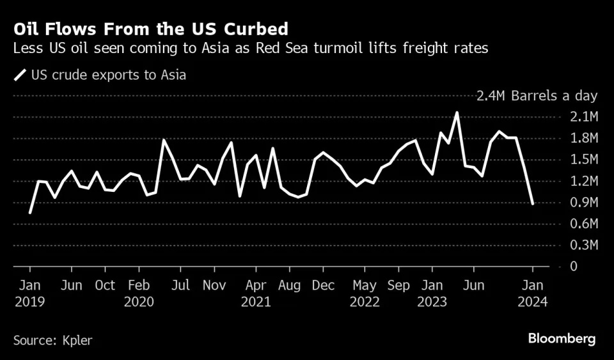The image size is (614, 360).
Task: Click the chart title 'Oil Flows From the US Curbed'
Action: pyautogui.click(x=150, y=29)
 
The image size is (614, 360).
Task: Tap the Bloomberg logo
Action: pyautogui.click(x=562, y=338)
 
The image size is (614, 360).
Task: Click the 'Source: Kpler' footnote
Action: pyautogui.click(x=52, y=340)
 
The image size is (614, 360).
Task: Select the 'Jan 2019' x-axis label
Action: pyautogui.click(x=30, y=293)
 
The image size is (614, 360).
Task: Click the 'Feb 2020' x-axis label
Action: pyautogui.click(x=139, y=293)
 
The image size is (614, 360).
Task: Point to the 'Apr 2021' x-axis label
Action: pyautogui.click(x=256, y=293)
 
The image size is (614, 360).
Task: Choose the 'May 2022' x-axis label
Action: pyautogui.click(x=365, y=293)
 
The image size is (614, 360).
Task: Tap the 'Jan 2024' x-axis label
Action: pyautogui.click(x=533, y=293)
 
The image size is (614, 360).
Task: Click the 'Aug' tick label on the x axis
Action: pyautogui.click(x=289, y=285)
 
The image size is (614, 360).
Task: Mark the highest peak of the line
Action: pyautogui.click(x=457, y=113)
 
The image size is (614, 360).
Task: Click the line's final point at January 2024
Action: pyautogui.click(x=533, y=203)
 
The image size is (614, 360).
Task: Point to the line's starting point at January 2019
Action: pyautogui.click(x=30, y=212)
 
